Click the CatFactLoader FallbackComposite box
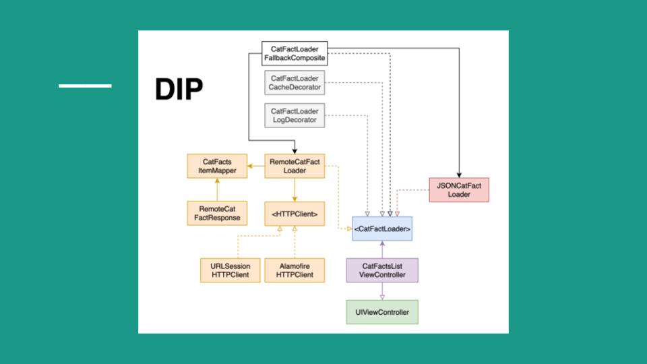click(x=295, y=53)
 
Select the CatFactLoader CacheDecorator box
click(x=295, y=82)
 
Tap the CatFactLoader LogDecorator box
click(x=295, y=115)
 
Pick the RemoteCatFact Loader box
click(x=295, y=166)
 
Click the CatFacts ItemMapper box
click(x=217, y=166)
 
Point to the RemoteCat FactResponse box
click(x=217, y=213)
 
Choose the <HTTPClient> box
click(x=295, y=214)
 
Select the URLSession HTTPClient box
click(x=230, y=270)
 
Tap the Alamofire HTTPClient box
click(x=295, y=270)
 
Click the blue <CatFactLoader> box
click(x=382, y=229)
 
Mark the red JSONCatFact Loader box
click(x=459, y=190)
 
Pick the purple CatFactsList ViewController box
click(x=382, y=270)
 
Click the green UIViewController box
click(x=382, y=312)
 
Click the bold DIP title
click(x=179, y=89)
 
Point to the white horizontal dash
click(x=85, y=86)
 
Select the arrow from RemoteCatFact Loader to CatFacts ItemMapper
click(x=256, y=166)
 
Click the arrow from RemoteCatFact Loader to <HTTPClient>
click(x=295, y=190)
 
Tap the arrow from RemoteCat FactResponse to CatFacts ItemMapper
click(x=217, y=189)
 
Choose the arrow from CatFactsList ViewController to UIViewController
click(x=382, y=291)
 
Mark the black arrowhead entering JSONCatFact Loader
click(x=459, y=175)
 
